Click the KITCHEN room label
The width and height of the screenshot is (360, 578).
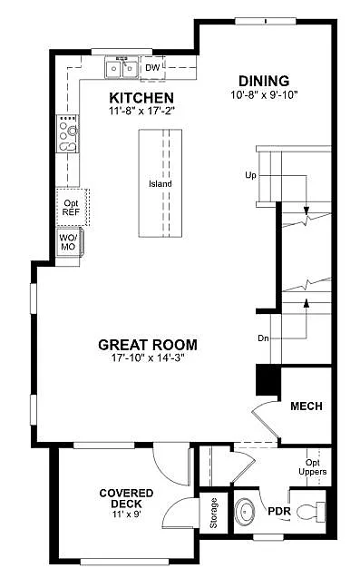point(141,97)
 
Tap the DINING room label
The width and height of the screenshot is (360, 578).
point(264,80)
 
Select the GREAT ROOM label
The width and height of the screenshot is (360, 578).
point(147,345)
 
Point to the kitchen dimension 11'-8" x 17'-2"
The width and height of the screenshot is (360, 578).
point(141,111)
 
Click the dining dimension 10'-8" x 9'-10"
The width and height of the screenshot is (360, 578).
point(264,93)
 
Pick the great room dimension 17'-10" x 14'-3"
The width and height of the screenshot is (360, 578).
point(147,358)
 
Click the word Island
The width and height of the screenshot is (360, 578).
point(161,184)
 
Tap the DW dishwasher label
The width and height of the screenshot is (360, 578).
point(152,67)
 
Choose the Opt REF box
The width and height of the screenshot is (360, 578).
point(71,206)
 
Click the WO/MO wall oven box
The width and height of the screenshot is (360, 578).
point(69,242)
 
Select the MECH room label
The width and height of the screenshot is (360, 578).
point(306,406)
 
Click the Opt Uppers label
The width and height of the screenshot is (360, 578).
point(314,468)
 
